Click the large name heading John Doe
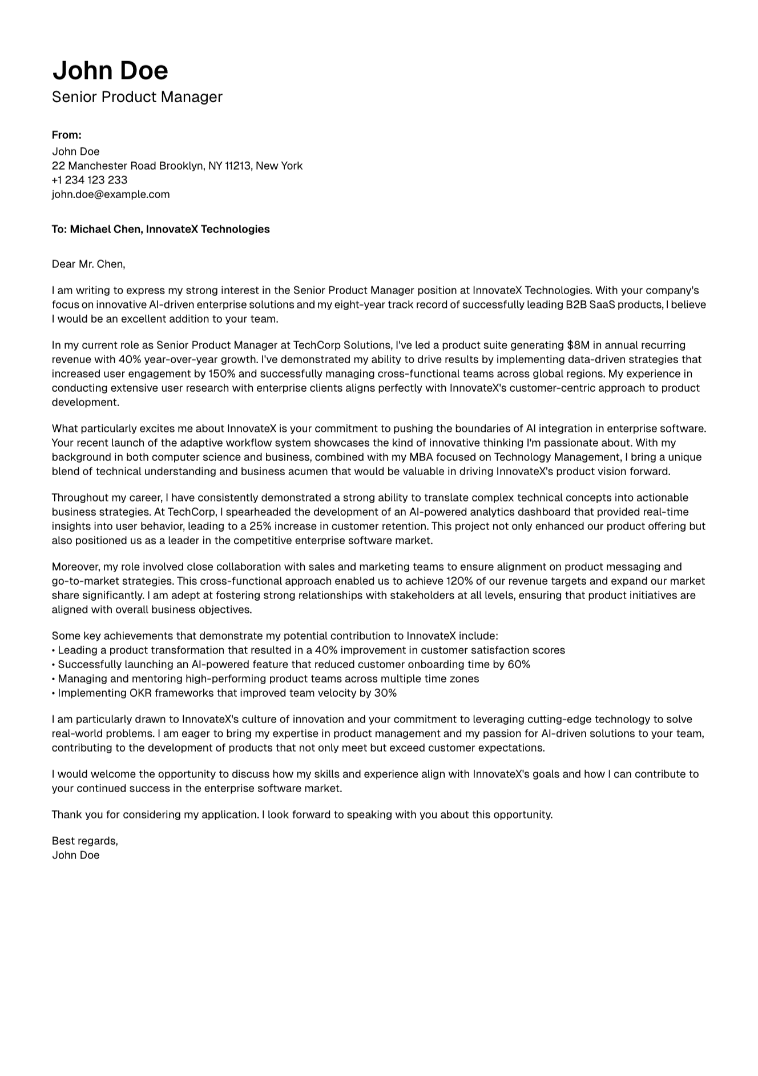point(110,70)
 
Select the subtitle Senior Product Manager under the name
point(137,97)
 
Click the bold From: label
point(66,135)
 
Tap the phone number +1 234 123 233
point(90,180)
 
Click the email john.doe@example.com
point(111,194)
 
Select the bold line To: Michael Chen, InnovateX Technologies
point(160,229)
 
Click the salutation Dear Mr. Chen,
point(88,264)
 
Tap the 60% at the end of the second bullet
point(518,664)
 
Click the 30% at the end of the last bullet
point(385,693)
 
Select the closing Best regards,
point(84,841)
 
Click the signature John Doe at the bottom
point(75,855)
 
